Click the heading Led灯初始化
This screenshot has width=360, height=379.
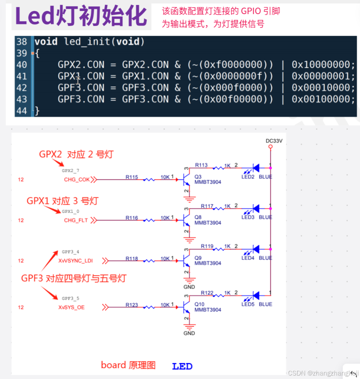tap(81, 16)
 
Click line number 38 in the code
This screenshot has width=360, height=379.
tap(22, 42)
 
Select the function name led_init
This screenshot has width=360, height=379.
tap(86, 42)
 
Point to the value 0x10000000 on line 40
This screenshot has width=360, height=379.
tap(323, 64)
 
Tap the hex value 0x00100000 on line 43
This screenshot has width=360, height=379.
tap(323, 99)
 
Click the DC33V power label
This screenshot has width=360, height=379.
tap(274, 141)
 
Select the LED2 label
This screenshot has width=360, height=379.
tap(248, 177)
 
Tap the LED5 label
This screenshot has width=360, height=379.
tap(248, 304)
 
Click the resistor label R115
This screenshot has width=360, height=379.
tap(132, 177)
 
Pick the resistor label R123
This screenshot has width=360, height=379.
tap(132, 305)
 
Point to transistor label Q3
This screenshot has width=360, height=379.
tap(198, 177)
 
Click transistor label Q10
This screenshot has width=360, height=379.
tap(199, 304)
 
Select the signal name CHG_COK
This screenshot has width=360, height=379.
tap(77, 180)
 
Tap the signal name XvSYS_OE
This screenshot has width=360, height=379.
tap(72, 307)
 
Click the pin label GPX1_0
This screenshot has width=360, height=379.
tap(70, 211)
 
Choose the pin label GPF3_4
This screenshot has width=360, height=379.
tap(70, 252)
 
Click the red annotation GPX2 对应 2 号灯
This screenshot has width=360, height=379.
tap(76, 154)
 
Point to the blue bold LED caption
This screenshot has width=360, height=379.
tap(182, 366)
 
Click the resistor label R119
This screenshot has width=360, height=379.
tap(207, 246)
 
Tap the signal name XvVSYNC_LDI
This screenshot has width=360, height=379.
tap(75, 261)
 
